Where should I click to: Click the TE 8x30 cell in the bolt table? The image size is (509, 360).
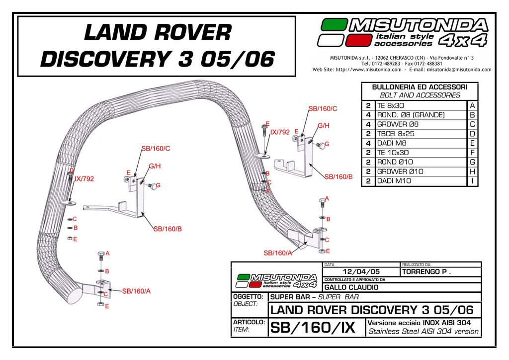pos(391,105)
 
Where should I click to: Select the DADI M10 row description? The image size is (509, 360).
pos(393,181)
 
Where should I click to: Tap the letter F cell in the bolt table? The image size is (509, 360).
pos(472,153)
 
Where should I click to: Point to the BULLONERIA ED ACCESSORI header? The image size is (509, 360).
pos(420,87)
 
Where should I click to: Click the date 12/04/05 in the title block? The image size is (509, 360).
pos(361,271)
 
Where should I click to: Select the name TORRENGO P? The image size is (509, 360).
pos(426,271)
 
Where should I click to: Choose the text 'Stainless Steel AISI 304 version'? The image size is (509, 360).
pos(423,331)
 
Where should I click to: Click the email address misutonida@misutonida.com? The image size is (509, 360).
pos(459,70)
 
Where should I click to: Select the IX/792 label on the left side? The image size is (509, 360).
pos(84,179)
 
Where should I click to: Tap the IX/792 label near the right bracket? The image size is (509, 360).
pos(280,132)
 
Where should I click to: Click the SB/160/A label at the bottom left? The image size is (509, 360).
pos(136,291)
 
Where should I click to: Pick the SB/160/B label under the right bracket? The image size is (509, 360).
pos(339,177)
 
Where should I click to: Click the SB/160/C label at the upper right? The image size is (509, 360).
pos(323,108)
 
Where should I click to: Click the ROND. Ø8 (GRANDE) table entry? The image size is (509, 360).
pos(411,115)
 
